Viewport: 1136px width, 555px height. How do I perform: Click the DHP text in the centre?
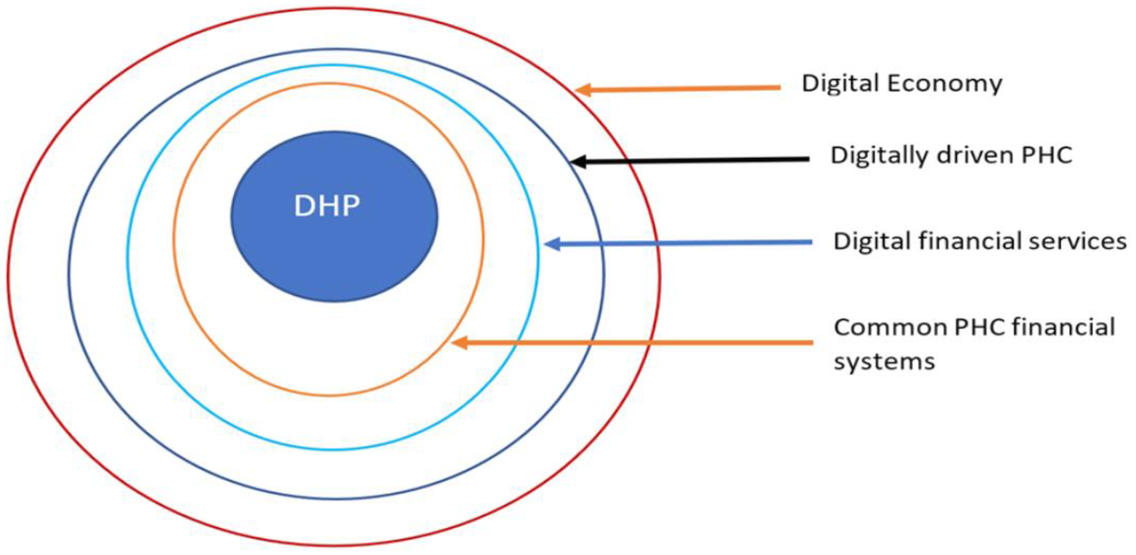coord(327,206)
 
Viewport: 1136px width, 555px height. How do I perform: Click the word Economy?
coord(954,84)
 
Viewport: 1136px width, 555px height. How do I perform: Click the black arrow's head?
coord(577,161)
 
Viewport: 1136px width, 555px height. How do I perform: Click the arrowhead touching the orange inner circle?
coord(460,343)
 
